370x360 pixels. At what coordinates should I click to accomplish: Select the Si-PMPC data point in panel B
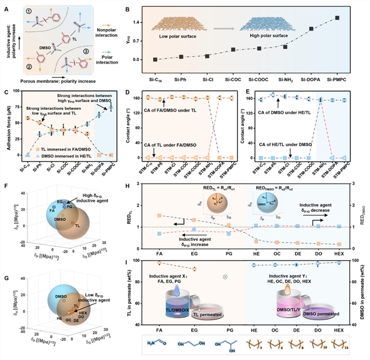tap(337, 18)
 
